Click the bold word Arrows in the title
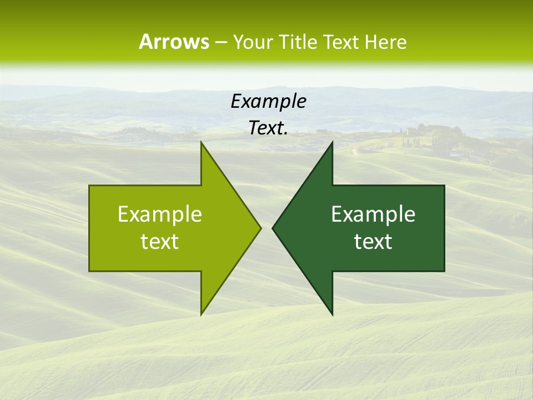point(173,42)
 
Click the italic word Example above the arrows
point(268,101)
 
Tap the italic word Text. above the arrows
point(267,128)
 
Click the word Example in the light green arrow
point(160,214)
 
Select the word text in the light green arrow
point(160,242)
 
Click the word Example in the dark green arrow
point(373,214)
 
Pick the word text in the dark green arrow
point(373,242)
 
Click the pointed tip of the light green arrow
point(260,228)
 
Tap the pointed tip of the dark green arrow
point(273,228)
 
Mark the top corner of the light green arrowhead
point(202,143)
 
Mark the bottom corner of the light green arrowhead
point(202,314)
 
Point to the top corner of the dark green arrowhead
point(332,143)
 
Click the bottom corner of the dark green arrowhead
point(332,314)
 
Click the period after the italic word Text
point(286,133)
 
